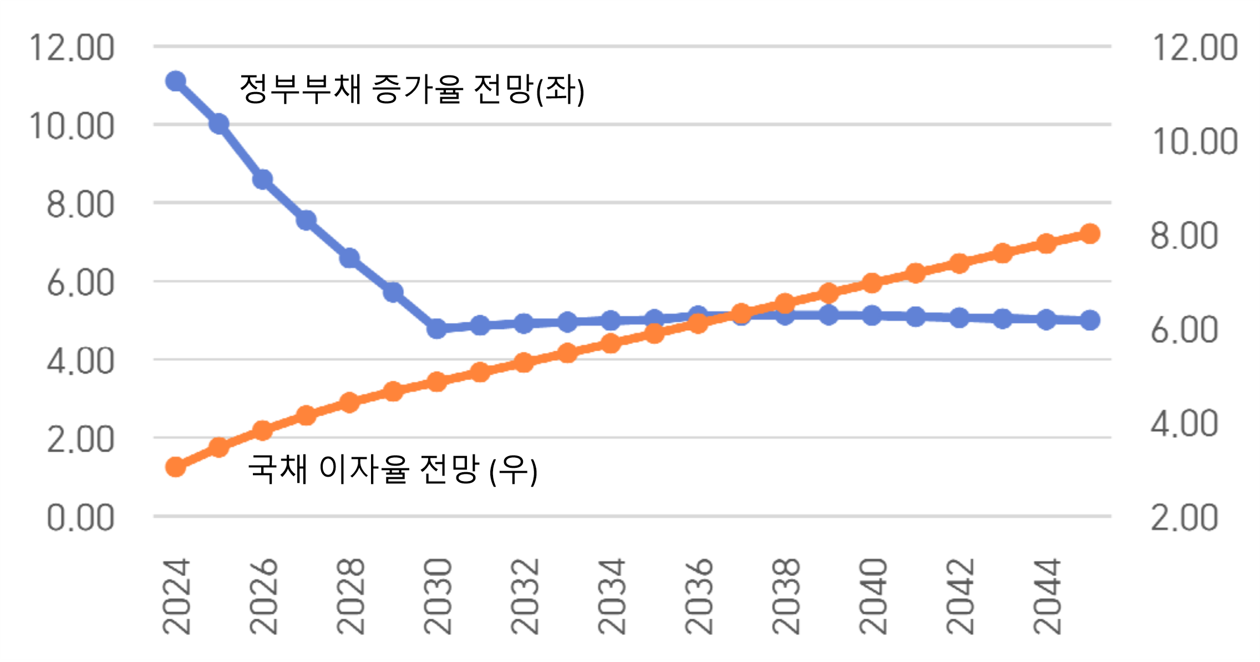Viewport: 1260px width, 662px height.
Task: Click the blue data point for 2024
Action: (x=176, y=82)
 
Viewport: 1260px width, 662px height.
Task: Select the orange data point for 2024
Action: (x=176, y=467)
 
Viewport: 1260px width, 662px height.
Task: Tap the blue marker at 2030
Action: (x=437, y=329)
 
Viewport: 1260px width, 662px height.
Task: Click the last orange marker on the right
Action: (x=1090, y=234)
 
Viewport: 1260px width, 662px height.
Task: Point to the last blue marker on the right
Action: (x=1090, y=320)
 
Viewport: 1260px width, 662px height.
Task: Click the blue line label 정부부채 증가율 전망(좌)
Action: (x=411, y=89)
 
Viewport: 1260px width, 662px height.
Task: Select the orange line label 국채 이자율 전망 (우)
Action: (x=392, y=469)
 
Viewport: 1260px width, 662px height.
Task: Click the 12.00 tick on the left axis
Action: (x=72, y=48)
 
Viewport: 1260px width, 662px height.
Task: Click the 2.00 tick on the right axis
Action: (x=1184, y=518)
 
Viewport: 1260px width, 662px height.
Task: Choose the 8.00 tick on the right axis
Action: (x=1184, y=235)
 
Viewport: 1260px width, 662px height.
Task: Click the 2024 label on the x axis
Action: (x=176, y=597)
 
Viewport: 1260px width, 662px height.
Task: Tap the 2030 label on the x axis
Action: (x=438, y=597)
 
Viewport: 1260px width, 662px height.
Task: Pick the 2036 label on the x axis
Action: (x=699, y=597)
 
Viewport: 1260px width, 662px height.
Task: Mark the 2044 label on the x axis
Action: (x=1047, y=597)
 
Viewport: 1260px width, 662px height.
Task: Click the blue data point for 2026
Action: (x=263, y=180)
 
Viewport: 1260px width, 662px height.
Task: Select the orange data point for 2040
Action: (x=872, y=283)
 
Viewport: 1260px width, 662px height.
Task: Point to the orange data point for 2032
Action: (x=524, y=362)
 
